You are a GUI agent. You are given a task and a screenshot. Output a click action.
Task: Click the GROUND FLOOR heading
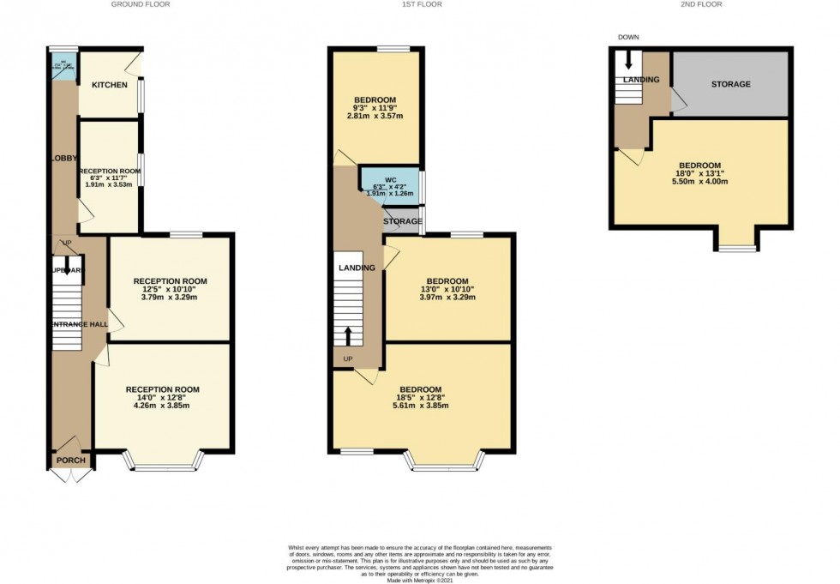point(141,4)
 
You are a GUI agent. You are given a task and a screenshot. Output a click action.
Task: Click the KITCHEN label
point(110,85)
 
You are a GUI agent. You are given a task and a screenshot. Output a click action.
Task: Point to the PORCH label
point(71,461)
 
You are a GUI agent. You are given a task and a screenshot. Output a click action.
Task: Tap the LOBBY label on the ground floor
point(63,158)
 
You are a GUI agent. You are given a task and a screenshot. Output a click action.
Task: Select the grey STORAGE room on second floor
point(729,84)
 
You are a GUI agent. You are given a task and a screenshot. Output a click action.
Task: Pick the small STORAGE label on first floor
point(403,222)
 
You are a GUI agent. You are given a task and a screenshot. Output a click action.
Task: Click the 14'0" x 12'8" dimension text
point(162,400)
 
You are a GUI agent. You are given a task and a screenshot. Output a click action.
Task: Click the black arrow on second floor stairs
point(627,60)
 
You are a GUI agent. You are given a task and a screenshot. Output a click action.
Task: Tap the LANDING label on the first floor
point(357,268)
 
